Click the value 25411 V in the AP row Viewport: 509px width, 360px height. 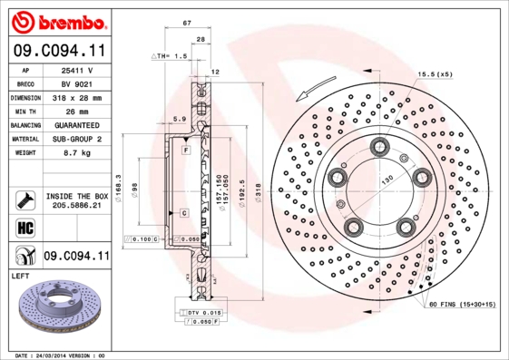pyautogui.click(x=78, y=69)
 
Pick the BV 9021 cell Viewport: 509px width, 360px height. pyautogui.click(x=78, y=83)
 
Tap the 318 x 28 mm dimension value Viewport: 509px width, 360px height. pyautogui.click(x=78, y=96)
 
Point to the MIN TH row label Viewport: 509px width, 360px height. pyautogui.click(x=24, y=110)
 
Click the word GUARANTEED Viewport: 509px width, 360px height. pyautogui.click(x=78, y=124)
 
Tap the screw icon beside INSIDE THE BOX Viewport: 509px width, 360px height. pyautogui.click(x=24, y=199)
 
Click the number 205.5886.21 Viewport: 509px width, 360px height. pyautogui.click(x=78, y=207)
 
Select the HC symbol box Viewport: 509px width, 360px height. pyautogui.click(x=24, y=227)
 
